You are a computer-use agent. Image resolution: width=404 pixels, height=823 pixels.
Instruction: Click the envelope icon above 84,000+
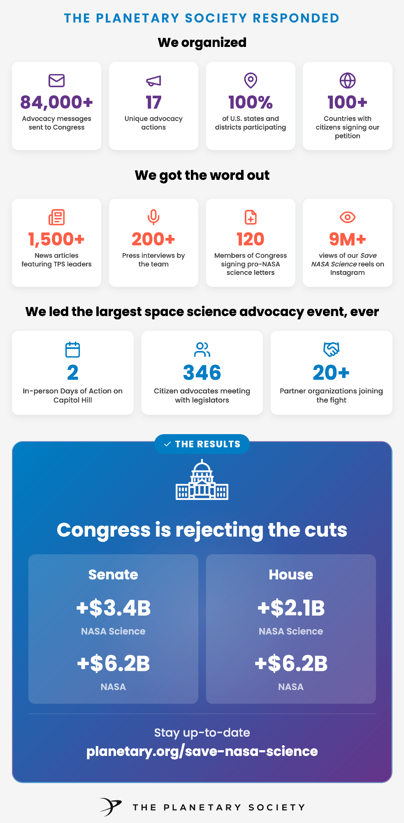point(56,81)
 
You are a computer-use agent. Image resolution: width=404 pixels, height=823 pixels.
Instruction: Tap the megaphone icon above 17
point(153,81)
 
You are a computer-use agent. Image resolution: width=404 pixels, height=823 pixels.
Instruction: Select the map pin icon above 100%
point(251,81)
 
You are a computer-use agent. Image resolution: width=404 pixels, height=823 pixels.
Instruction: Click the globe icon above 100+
point(348,81)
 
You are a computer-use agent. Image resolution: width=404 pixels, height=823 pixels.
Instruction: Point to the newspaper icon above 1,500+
point(56,217)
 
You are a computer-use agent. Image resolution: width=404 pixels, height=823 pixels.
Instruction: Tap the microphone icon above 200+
point(153,217)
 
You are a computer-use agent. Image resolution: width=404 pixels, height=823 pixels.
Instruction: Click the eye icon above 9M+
point(348,217)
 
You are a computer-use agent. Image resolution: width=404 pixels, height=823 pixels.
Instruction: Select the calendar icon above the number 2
point(72,350)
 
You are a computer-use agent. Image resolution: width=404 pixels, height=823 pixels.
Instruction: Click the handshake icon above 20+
point(331,350)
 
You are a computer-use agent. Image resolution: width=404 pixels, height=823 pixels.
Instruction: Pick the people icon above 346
point(202,350)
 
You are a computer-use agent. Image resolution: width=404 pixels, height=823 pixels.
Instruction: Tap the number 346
point(202,373)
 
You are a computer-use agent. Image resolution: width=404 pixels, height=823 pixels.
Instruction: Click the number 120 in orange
point(251,239)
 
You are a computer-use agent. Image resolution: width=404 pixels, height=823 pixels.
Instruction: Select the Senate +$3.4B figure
point(113,608)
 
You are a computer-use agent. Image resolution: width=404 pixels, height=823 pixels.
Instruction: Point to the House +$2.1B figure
point(291,608)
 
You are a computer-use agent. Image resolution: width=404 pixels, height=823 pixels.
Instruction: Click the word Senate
point(113,575)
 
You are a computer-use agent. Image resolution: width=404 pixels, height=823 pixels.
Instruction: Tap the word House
point(291,575)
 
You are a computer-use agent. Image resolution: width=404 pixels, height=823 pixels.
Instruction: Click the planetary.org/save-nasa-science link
point(202,751)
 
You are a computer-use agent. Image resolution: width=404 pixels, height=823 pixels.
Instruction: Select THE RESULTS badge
point(202,444)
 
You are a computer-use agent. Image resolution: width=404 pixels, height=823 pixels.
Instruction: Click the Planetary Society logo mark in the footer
point(111,807)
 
